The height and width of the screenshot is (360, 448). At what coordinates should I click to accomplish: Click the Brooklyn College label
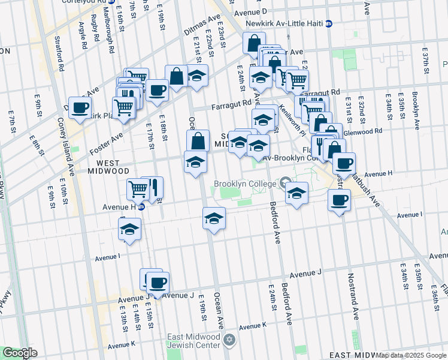click(246, 183)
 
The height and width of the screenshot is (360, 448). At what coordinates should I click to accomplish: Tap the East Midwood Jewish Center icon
click(228, 340)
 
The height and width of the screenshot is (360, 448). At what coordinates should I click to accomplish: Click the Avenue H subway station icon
click(141, 208)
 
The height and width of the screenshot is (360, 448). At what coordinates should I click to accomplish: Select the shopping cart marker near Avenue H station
click(138, 189)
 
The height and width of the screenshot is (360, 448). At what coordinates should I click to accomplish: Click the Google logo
click(20, 352)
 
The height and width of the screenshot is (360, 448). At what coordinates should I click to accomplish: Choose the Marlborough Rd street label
click(111, 40)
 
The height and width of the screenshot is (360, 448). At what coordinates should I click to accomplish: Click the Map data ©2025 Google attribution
click(410, 355)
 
